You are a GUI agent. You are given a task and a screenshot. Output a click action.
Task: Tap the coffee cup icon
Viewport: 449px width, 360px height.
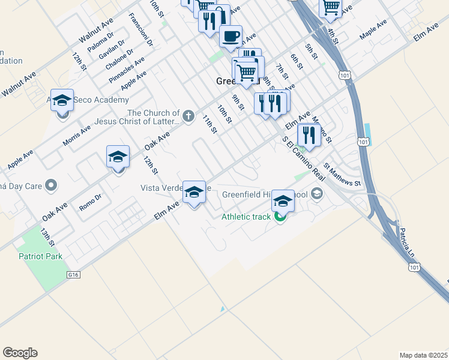[x=231, y=37]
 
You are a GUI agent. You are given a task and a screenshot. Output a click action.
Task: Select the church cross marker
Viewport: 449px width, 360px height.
[x=188, y=115]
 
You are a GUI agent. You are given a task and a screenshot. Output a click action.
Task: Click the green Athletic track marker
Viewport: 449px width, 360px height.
[x=280, y=217]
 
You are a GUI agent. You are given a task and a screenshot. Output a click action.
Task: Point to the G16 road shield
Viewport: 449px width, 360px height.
[x=74, y=274]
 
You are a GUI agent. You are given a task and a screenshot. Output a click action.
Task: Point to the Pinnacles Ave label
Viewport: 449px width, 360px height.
[x=127, y=70]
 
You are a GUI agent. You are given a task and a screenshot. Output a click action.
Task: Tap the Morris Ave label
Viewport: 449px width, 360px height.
[x=77, y=136]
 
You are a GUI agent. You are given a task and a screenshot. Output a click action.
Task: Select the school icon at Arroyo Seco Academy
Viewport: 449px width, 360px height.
[x=62, y=100]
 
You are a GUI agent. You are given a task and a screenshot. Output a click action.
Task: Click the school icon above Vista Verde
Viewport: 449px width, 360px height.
[x=194, y=192]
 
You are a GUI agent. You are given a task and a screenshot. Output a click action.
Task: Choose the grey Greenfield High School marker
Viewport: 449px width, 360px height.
[x=317, y=194]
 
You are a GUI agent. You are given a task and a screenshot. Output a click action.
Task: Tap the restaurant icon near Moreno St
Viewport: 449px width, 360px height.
[x=309, y=134]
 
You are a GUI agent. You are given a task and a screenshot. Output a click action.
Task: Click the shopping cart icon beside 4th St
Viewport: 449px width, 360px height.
[x=331, y=7]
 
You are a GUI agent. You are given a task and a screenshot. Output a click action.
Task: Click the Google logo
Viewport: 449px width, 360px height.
[x=20, y=353]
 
